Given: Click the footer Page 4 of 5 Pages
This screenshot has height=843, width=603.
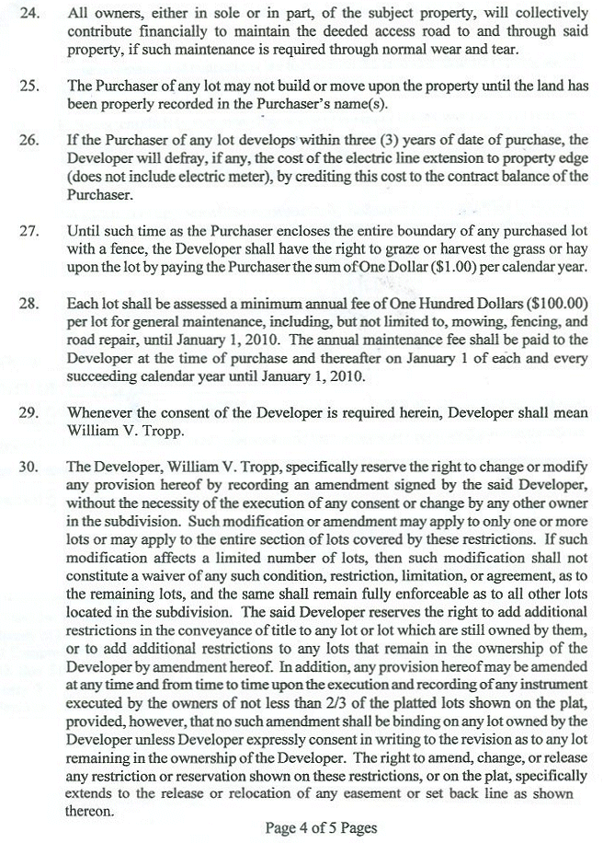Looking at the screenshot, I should tap(321, 827).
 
